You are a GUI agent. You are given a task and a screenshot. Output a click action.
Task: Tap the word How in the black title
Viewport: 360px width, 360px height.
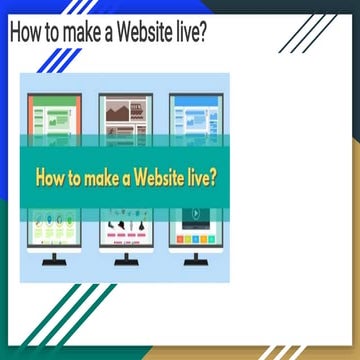pyautogui.click(x=28, y=33)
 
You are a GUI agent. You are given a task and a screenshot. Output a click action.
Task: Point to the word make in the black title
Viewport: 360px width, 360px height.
pyautogui.click(x=92, y=33)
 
